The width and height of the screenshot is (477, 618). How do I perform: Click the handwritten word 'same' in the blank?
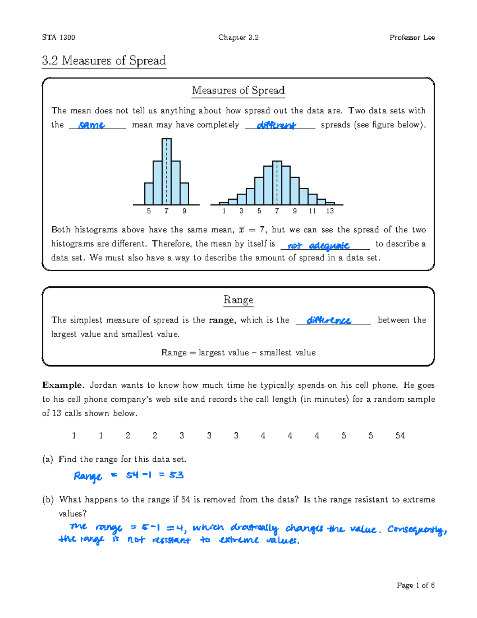coord(91,125)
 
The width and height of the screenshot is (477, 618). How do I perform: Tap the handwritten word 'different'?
coord(276,125)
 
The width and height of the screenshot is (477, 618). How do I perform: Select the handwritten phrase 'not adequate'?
coord(318,246)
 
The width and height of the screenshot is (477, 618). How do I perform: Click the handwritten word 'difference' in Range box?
coord(329,320)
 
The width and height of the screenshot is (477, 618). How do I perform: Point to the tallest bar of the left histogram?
coord(167,171)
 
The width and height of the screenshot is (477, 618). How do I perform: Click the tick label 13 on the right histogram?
coord(330,211)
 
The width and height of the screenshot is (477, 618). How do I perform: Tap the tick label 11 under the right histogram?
coord(312,211)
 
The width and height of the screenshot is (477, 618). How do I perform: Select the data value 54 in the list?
coord(400,435)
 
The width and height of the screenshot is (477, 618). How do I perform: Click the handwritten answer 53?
coord(176,475)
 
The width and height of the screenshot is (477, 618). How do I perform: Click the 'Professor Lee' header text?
coord(412,37)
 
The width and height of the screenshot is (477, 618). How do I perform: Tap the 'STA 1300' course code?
coord(58,37)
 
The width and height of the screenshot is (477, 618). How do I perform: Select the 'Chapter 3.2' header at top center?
coord(238,37)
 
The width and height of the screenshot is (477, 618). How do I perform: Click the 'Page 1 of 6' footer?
coord(415,585)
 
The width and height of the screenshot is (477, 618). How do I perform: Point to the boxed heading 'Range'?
coord(238,299)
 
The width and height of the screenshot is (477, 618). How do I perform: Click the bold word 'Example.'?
coord(63,385)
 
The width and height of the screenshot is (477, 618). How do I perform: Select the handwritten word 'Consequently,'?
coord(417,530)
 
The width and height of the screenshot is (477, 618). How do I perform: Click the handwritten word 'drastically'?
coord(254,528)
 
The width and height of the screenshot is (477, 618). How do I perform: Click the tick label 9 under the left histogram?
coord(184,211)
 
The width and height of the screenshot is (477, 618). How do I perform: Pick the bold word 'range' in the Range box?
coord(221,320)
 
